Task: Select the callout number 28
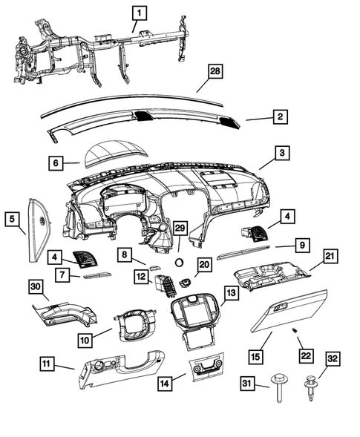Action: click(x=215, y=72)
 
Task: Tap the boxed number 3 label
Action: click(x=283, y=153)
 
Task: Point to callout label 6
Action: click(x=56, y=162)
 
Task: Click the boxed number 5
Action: click(x=13, y=219)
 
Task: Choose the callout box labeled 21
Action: click(x=328, y=257)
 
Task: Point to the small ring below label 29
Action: click(x=179, y=261)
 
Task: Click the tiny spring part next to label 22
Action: click(x=295, y=329)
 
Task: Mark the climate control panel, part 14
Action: click(x=205, y=368)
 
